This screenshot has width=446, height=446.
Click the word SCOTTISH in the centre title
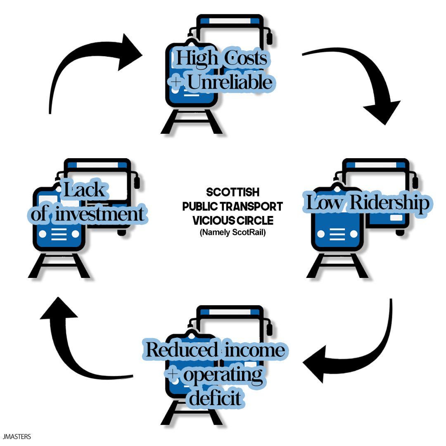click(x=233, y=192)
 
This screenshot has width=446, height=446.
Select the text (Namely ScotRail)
click(x=232, y=232)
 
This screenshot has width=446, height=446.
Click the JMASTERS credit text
click(x=16, y=437)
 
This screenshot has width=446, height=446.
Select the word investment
click(x=100, y=214)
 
